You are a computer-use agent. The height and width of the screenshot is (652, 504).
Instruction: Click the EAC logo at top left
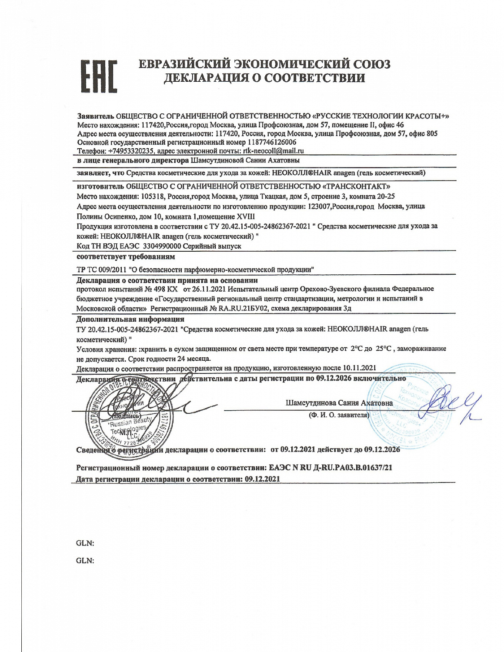(x=100, y=76)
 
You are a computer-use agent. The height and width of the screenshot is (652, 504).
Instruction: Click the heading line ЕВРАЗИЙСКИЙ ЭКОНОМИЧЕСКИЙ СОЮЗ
(x=264, y=64)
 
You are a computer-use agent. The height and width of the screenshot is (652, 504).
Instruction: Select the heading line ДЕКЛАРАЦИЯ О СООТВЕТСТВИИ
(x=264, y=78)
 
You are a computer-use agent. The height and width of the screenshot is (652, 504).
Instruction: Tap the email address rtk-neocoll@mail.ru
(x=273, y=151)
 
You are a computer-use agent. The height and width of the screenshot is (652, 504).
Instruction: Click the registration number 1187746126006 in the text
(x=272, y=142)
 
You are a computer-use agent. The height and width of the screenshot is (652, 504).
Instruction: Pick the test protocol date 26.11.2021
(x=208, y=289)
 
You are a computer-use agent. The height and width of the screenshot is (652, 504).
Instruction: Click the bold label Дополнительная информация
(x=130, y=319)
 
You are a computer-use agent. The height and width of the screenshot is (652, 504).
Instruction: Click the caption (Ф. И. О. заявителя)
(x=339, y=415)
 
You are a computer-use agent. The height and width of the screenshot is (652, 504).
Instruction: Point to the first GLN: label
(x=85, y=543)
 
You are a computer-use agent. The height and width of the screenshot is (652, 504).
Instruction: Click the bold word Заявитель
(x=96, y=116)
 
